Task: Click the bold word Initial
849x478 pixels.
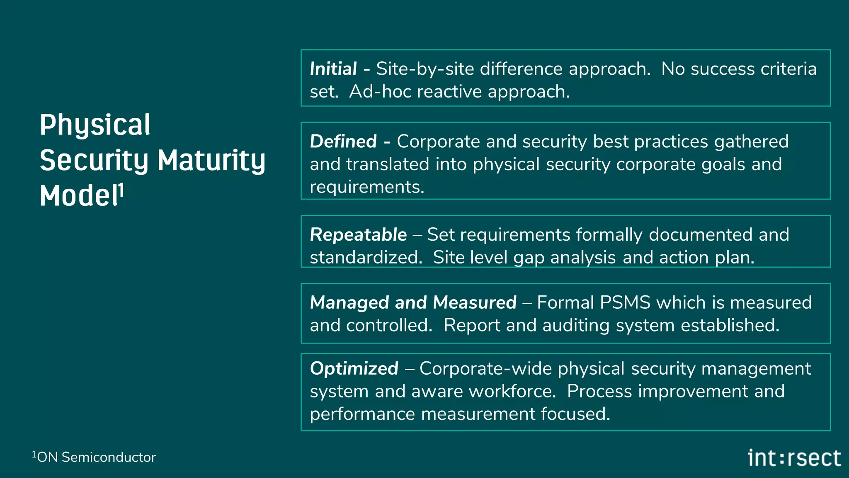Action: click(333, 69)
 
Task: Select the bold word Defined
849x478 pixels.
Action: click(343, 141)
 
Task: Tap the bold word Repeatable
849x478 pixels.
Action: click(358, 235)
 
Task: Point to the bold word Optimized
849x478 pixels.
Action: click(354, 368)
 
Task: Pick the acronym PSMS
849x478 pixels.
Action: click(625, 302)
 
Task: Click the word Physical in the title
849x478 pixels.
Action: click(95, 125)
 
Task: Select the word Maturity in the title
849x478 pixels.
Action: click(211, 161)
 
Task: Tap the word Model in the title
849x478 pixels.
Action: click(79, 196)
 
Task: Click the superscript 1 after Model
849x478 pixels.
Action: click(121, 191)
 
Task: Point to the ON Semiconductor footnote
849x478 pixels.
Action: click(94, 457)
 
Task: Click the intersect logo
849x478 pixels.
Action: click(794, 458)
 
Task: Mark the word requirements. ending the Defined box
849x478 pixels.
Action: click(367, 187)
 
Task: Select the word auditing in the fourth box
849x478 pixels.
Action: click(576, 325)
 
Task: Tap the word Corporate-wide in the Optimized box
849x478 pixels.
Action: click(485, 368)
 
